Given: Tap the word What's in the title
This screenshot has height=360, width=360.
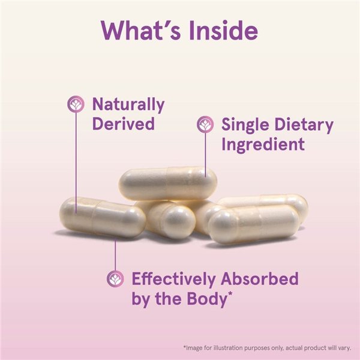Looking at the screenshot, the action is pos(137,30).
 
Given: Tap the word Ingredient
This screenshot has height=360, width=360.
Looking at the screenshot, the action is pos(263,144).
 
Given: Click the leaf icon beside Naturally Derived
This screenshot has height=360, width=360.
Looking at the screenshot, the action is pos(76,104).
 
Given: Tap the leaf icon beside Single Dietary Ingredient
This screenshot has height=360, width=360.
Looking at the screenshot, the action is pos(206,125).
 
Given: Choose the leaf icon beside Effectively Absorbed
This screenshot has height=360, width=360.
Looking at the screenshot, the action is pos(115,278).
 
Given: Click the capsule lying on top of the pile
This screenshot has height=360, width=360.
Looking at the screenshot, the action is pos(167,182).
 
